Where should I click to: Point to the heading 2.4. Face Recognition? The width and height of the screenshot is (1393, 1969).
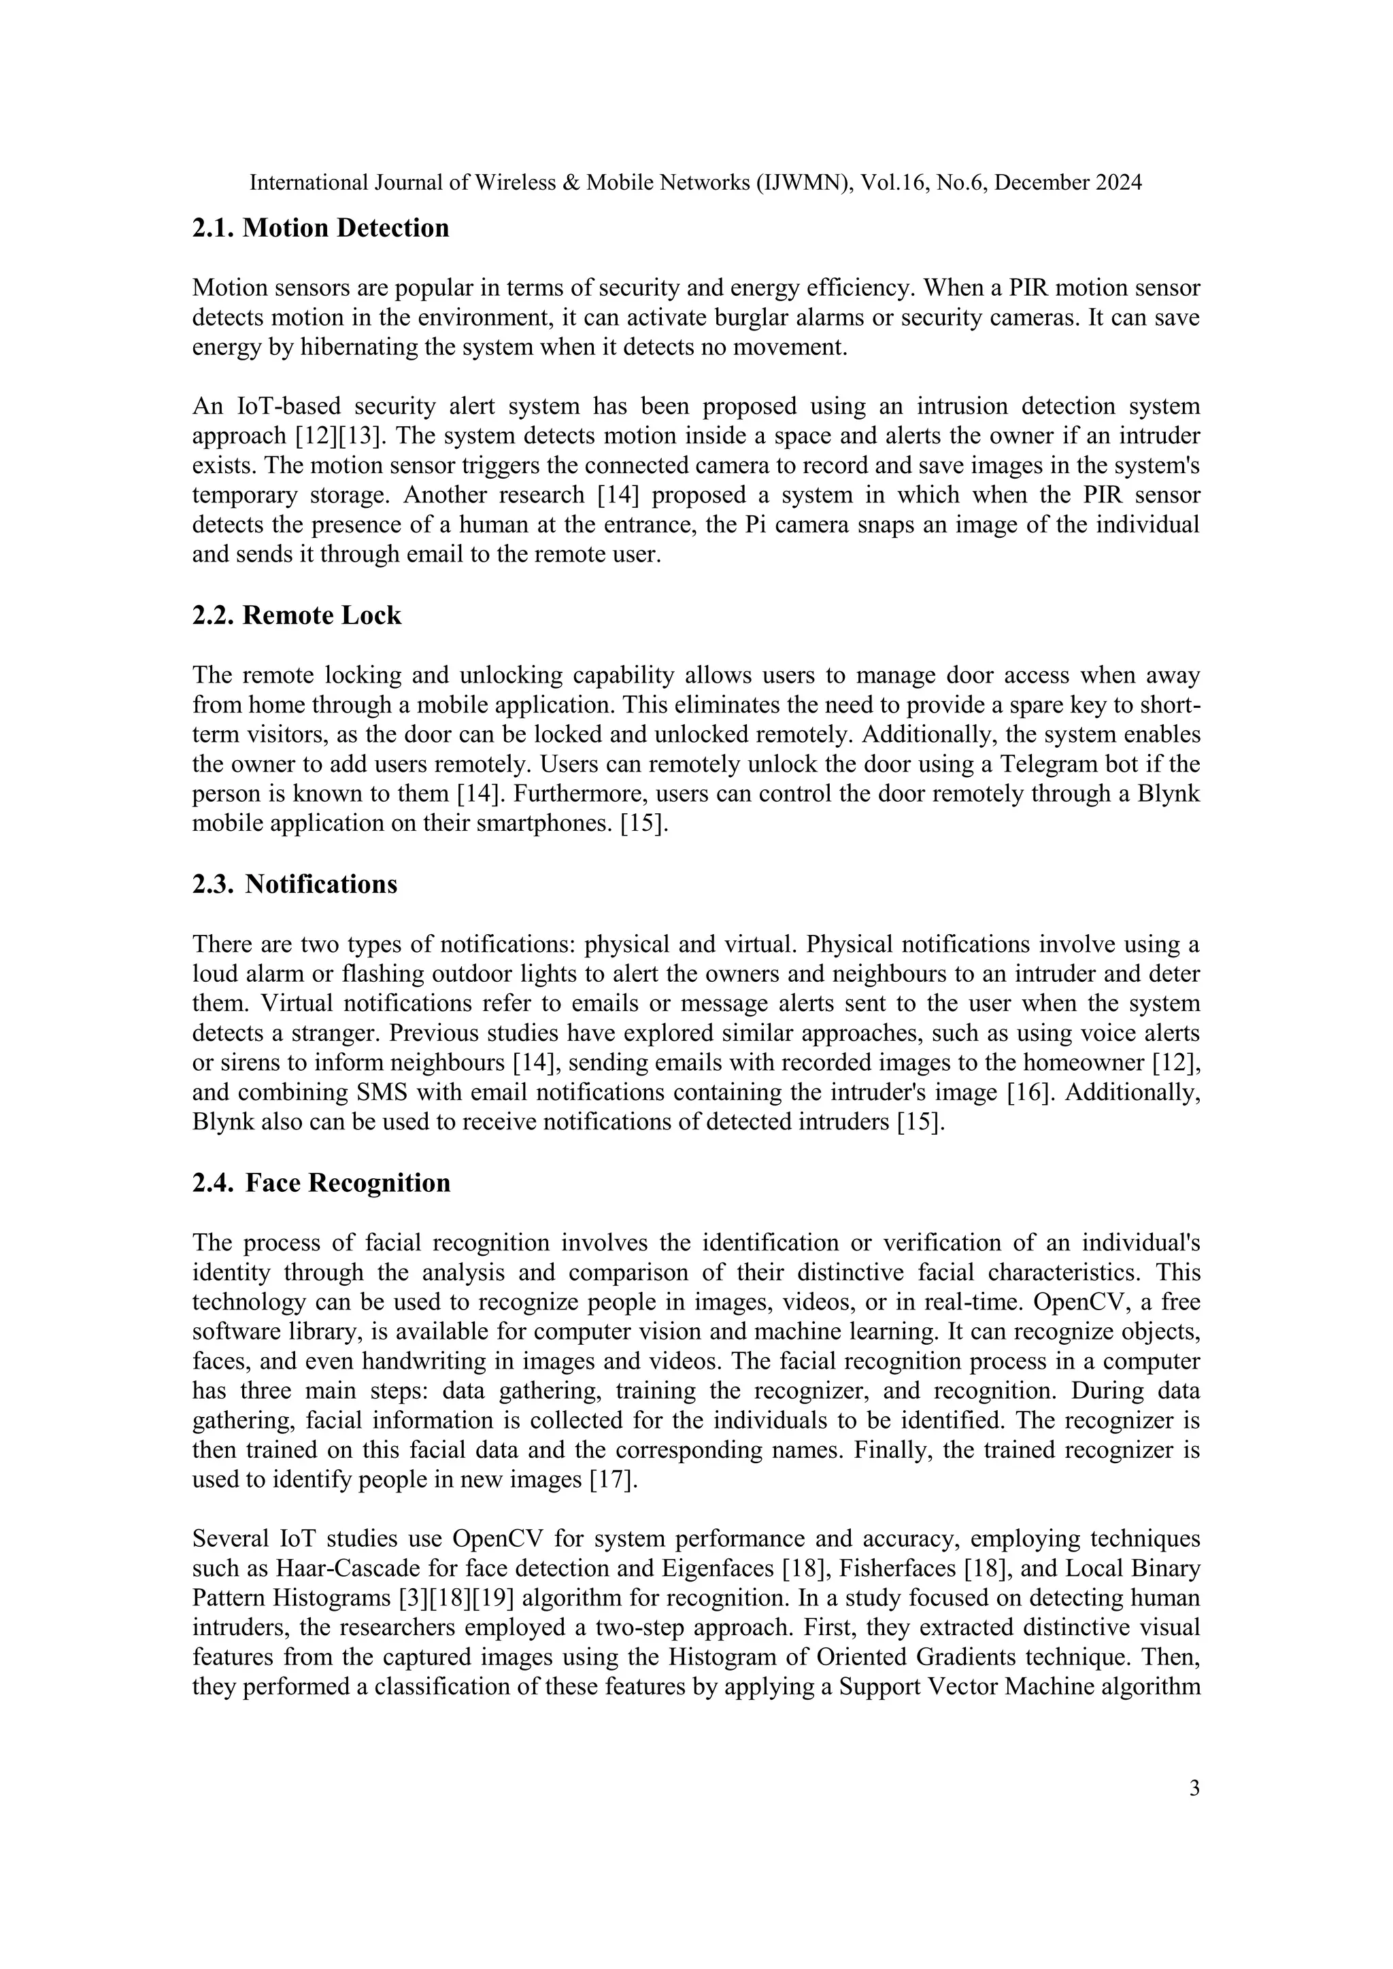321,1182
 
